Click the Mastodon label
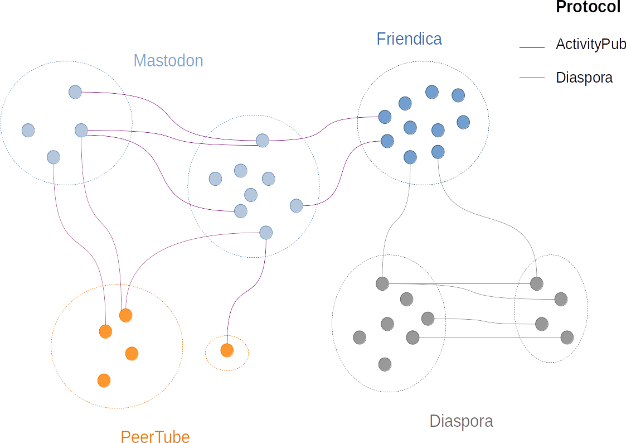pyautogui.click(x=168, y=60)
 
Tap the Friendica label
pyautogui.click(x=409, y=38)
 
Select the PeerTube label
pyautogui.click(x=155, y=436)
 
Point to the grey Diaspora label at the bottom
pyautogui.click(x=461, y=421)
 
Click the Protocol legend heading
pyautogui.click(x=588, y=7)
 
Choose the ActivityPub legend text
pyautogui.click(x=590, y=45)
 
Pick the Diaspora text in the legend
pyautogui.click(x=584, y=78)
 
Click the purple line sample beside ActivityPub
pyautogui.click(x=531, y=48)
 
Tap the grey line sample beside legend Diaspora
pyautogui.click(x=531, y=78)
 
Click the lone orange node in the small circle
pyautogui.click(x=227, y=350)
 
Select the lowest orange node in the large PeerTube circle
pyautogui.click(x=104, y=381)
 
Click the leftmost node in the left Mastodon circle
pyautogui.click(x=28, y=130)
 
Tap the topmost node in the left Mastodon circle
pyautogui.click(x=75, y=92)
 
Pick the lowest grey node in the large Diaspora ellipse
pyautogui.click(x=385, y=364)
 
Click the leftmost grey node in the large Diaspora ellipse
pyautogui.click(x=360, y=338)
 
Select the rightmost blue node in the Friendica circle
pyautogui.click(x=463, y=122)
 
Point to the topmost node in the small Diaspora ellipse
pyautogui.click(x=536, y=283)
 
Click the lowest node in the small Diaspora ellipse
pyautogui.click(x=567, y=337)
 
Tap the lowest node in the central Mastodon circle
pyautogui.click(x=266, y=232)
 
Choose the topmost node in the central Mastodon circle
pyautogui.click(x=263, y=140)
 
